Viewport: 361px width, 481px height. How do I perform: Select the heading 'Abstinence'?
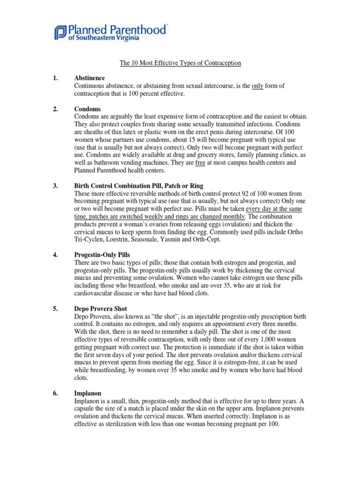click(89, 78)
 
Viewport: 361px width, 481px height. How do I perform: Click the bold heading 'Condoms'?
click(87, 109)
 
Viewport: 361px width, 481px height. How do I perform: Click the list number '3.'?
click(55, 186)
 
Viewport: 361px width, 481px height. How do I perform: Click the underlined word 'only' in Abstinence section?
click(258, 85)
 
